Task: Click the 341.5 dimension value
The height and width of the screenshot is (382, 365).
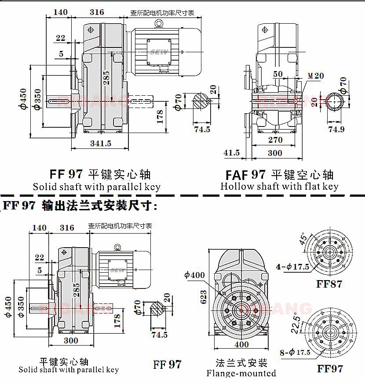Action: coord(100,144)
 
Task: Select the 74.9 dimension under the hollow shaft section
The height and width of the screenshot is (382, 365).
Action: coord(336,129)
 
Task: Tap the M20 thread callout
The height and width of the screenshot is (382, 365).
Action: coord(315,76)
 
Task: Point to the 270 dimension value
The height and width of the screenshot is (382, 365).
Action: coord(275,140)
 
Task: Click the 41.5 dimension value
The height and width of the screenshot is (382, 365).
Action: coord(231,153)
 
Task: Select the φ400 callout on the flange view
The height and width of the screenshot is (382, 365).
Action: coord(194,275)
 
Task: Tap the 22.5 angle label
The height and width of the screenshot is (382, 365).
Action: coord(297,325)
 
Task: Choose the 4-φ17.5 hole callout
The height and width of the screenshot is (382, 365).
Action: coord(292,267)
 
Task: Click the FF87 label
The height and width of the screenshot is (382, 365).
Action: coord(329,284)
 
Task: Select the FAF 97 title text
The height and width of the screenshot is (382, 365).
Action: coord(245,175)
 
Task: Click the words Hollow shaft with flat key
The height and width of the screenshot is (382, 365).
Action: coord(279,186)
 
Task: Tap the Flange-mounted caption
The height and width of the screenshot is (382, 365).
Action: coord(241,373)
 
